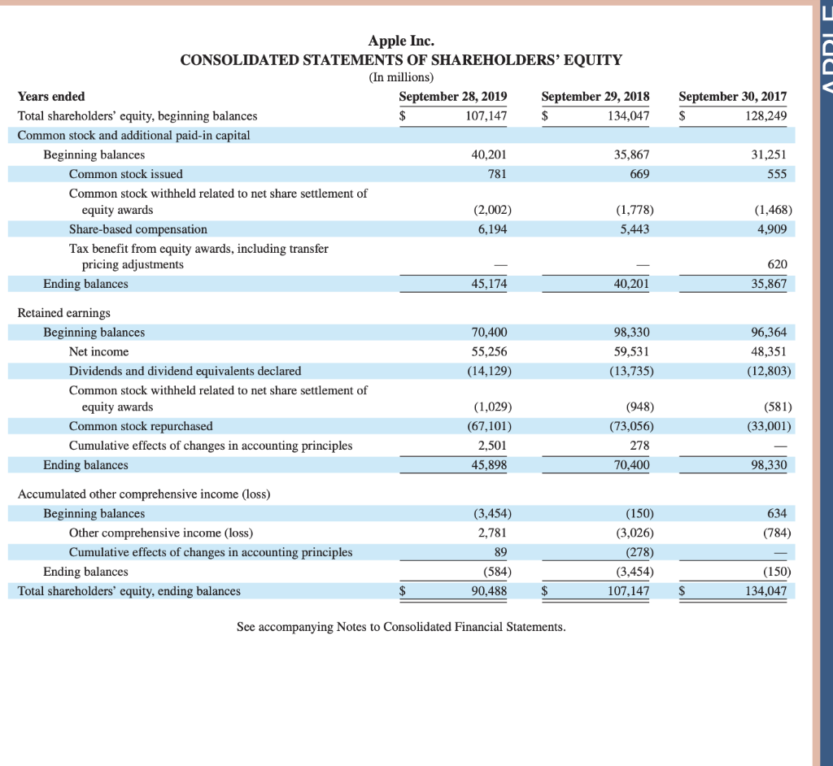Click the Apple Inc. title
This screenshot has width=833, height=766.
tap(401, 41)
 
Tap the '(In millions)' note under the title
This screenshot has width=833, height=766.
tap(401, 77)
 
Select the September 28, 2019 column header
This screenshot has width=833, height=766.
tap(453, 96)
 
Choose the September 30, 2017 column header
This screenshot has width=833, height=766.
tap(733, 96)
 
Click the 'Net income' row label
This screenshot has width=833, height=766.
tap(98, 351)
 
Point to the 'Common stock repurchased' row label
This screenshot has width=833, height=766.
tap(141, 426)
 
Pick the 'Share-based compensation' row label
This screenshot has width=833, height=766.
tap(138, 229)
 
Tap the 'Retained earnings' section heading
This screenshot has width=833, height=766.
tap(64, 312)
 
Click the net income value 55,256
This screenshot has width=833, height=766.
tap(490, 351)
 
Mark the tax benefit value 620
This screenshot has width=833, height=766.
tap(777, 264)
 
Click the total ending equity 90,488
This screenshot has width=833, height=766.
tap(490, 591)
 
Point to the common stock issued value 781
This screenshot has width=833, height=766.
tap(497, 174)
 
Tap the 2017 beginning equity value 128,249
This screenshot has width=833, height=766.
tap(766, 116)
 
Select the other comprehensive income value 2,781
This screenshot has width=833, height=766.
tap(493, 533)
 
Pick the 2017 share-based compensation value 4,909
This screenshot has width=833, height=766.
tap(771, 229)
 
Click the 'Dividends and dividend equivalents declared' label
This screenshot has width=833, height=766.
tap(185, 371)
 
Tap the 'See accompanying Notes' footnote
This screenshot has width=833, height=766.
tap(401, 627)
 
